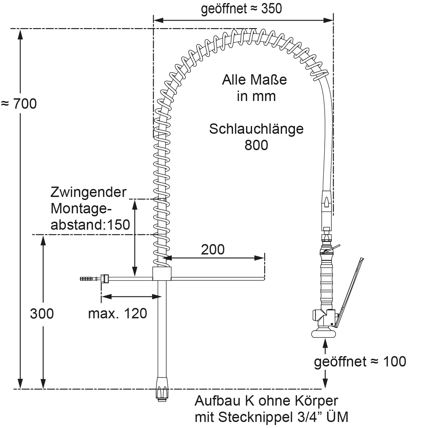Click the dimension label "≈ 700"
pos(19,104)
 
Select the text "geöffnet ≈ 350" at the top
pos(241,9)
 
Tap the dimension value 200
pos(213,249)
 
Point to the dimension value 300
pos(42,314)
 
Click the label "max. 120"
pos(117,314)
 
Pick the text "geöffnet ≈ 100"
pos(360,361)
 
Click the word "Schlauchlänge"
pos(256,129)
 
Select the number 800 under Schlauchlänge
pos(256,145)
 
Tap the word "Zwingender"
pos(89,192)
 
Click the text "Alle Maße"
pos(254,80)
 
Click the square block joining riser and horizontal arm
pos(162,274)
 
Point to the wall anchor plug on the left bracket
pos(87,278)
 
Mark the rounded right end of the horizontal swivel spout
pos(263,278)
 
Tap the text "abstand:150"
pos(90,225)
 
